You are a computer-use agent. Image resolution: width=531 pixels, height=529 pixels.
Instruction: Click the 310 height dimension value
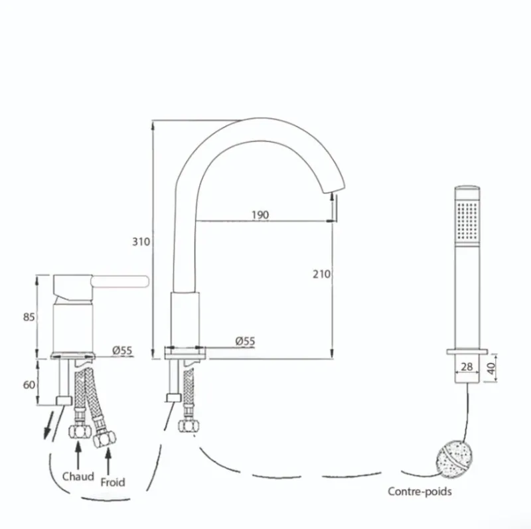tap(141, 242)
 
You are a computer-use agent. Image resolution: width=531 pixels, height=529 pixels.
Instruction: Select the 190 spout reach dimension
tap(260, 214)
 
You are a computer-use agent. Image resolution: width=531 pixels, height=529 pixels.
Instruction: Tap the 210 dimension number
tap(321, 274)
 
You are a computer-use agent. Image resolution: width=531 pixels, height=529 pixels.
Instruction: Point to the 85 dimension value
tap(29, 317)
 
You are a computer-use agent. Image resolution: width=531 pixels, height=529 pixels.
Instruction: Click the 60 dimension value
tap(29, 385)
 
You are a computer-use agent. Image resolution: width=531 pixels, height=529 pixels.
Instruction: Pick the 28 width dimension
tap(467, 366)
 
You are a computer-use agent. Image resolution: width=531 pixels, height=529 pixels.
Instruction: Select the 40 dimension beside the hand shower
tap(492, 368)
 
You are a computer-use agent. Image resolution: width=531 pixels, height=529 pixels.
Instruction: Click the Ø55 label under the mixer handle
tap(122, 350)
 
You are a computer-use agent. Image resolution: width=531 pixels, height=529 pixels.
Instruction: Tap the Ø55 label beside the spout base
tap(245, 341)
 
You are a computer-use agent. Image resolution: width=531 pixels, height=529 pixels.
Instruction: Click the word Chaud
tap(78, 477)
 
